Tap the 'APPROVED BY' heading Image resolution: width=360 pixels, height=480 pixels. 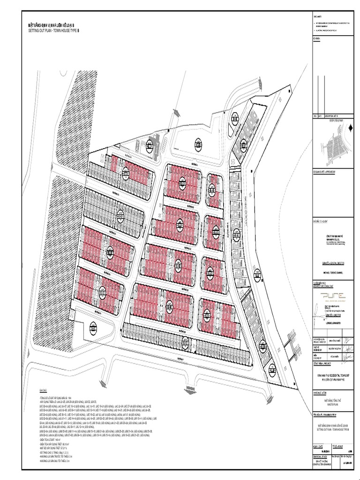(x=324, y=172)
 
